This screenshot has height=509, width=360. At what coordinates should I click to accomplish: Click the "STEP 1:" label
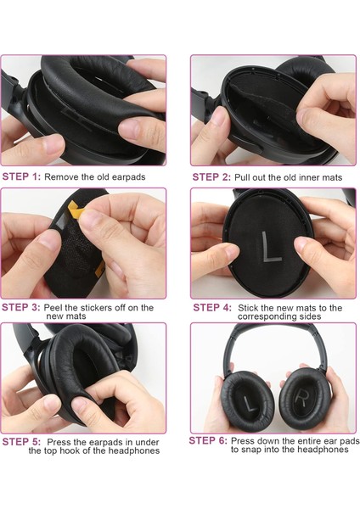click(21, 176)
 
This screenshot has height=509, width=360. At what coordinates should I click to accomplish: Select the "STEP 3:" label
click(21, 307)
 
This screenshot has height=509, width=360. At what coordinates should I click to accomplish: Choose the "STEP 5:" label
click(21, 441)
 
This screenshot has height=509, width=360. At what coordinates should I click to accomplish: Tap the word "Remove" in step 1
click(62, 176)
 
